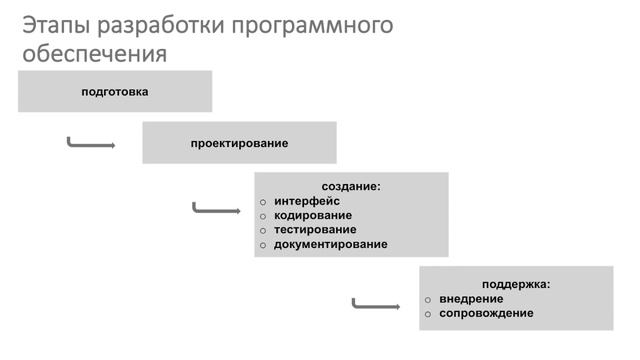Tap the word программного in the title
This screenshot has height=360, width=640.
pos(311,25)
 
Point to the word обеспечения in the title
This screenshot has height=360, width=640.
pos(94,53)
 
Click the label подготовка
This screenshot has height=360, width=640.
pos(115,92)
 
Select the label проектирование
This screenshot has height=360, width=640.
pos(239,143)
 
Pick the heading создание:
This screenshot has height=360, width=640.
pos(351,186)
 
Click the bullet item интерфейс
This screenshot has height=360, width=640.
pos(307,200)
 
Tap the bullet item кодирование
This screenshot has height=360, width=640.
pos(313,215)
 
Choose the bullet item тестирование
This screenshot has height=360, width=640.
pos(315,229)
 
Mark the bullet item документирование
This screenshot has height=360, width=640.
pos(330,244)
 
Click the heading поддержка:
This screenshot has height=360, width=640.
pos(516,284)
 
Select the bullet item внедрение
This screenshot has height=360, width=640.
pos(470,298)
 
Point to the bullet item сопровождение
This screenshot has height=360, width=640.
pos(486,313)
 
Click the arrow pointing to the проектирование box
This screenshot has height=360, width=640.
pos(91,144)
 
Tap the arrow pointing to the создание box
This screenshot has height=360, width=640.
pos(216,210)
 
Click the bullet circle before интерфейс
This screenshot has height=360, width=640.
pos(263,201)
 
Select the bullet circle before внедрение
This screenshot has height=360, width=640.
pos(428,299)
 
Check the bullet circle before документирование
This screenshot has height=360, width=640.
pos(263,245)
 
